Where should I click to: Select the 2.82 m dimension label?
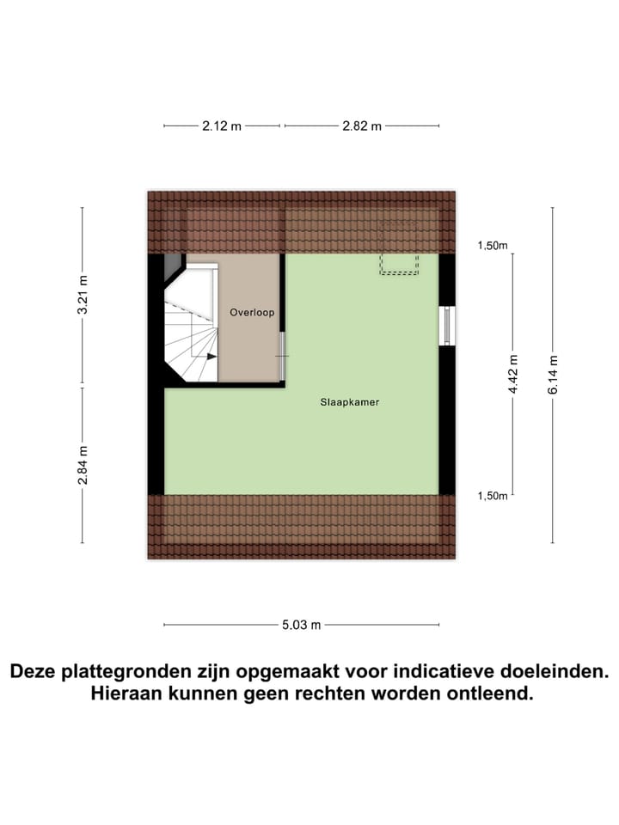pos(361,125)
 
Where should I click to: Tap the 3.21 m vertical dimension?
pos(83,295)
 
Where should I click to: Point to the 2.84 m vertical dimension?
pos(83,465)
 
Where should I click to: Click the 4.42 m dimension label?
pos(513,375)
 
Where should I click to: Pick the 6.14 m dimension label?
pos(553,375)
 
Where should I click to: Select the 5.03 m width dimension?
pos(301,626)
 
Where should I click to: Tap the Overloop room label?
pos(252,313)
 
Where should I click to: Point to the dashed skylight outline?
pos(399,247)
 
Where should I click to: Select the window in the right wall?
pos(446,326)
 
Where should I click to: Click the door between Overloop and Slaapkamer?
pos(282,355)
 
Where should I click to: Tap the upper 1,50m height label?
pos(493,247)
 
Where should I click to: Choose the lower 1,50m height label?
pos(493,496)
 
